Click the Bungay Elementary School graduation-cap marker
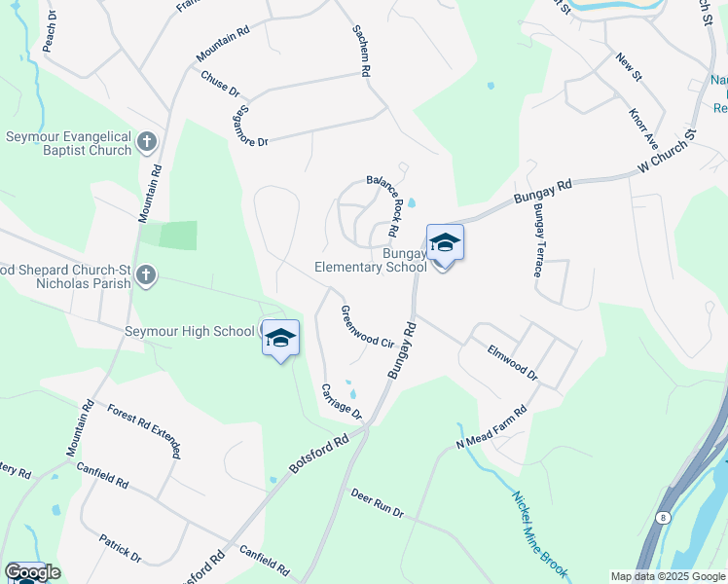(x=445, y=243)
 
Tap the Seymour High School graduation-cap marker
(x=279, y=338)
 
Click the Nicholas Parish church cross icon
(x=146, y=275)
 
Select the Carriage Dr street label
(x=342, y=401)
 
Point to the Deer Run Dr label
(x=377, y=503)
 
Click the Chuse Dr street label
(x=220, y=84)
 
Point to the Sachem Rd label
(x=361, y=52)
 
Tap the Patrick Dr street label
(x=121, y=548)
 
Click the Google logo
(x=32, y=572)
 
